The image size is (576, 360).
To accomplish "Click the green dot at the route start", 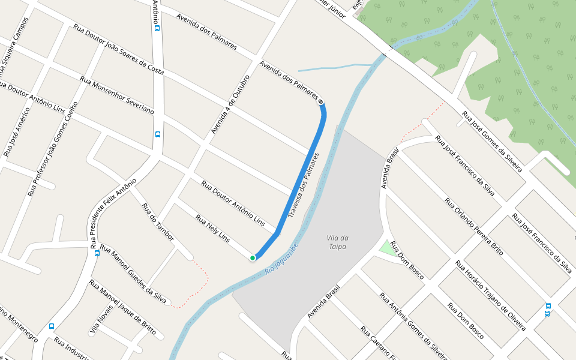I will coord(253,258).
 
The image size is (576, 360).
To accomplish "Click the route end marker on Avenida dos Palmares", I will coord(321,101).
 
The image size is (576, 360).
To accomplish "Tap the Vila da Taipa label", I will coord(338,242).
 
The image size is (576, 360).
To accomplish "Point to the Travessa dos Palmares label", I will coord(304,185).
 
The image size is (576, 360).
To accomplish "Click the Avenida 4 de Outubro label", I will coord(230,104).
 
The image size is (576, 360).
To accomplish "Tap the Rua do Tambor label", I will coord(158,224).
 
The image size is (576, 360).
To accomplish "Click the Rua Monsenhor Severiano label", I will coord(117,95).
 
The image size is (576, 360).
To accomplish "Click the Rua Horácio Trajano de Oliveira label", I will coord(490,295).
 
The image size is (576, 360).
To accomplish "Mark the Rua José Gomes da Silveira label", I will coord(492,142).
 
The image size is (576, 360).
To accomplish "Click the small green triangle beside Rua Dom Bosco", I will coord(385,247).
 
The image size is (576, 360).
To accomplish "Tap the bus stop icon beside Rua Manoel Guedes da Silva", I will coord(97,253).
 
